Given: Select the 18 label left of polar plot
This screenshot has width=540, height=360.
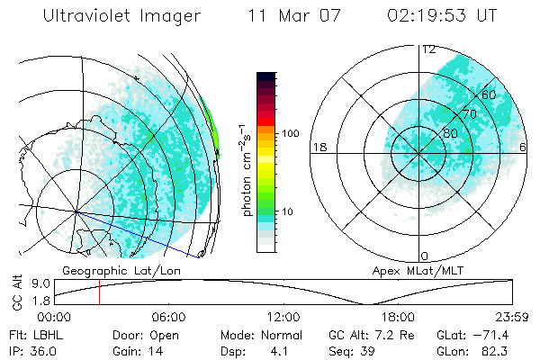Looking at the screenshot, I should (318, 147).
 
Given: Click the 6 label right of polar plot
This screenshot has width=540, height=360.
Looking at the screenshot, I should (523, 147).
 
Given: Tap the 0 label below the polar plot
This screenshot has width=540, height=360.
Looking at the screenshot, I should (425, 256).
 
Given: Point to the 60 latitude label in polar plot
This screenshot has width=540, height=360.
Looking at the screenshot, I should (490, 94).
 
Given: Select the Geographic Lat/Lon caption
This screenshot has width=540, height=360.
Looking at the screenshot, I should (112, 269).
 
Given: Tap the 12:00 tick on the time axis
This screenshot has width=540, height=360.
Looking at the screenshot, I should (283, 317).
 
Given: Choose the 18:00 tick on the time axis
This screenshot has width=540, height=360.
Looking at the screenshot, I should (398, 317).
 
